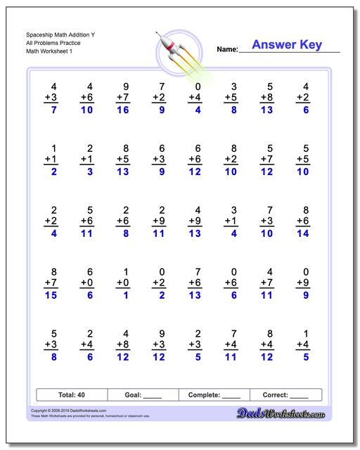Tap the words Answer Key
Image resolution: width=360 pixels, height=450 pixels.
286,45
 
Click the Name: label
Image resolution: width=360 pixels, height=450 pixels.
226,50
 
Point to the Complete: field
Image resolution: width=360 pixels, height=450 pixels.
214,395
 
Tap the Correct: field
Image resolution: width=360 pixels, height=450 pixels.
285,395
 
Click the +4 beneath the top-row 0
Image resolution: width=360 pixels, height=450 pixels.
195,97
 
